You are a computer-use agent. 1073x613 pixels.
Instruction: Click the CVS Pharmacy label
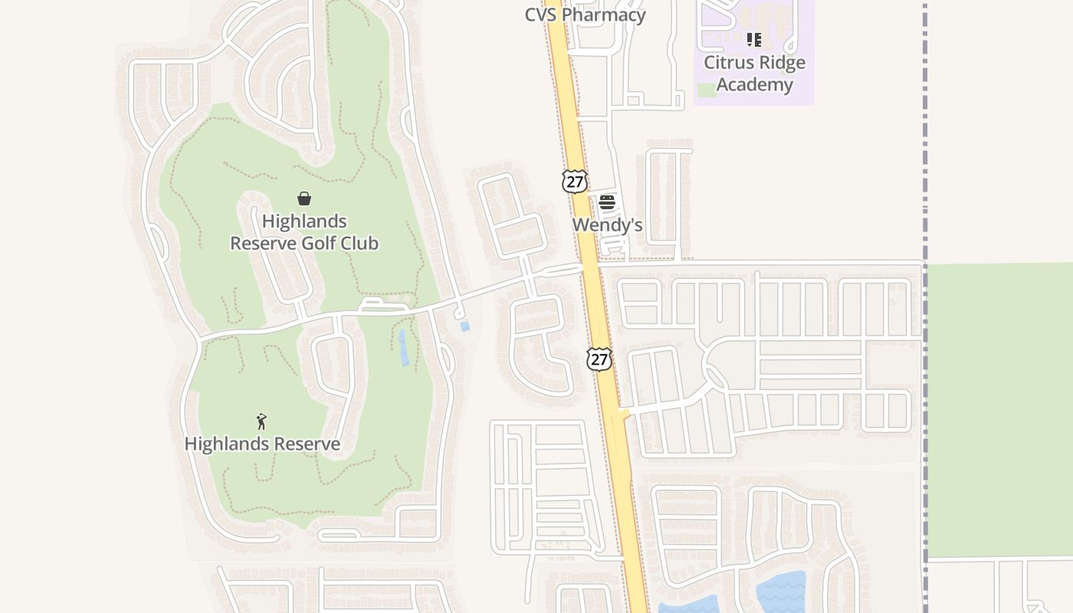coord(585,15)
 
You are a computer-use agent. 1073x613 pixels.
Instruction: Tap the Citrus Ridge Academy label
coord(754,74)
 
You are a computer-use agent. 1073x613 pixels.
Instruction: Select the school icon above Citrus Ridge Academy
coord(754,40)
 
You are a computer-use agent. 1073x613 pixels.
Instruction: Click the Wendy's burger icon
coord(607,202)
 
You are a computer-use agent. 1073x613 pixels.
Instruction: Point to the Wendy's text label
coord(607,225)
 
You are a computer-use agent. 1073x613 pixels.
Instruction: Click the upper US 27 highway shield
coord(574,182)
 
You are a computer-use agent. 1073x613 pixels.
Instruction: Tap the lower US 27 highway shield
coord(599,359)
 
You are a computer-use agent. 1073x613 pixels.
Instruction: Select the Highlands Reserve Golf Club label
coord(304,232)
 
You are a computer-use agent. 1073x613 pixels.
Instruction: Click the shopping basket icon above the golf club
coord(304,198)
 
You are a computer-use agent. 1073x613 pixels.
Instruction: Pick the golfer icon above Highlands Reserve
coord(261,421)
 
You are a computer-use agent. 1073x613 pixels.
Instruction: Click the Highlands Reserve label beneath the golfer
coord(262,444)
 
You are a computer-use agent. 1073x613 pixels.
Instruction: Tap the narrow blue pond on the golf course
coord(403,348)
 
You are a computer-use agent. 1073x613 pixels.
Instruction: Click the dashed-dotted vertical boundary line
coord(925,153)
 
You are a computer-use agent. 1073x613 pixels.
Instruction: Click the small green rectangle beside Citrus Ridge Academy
coord(707,90)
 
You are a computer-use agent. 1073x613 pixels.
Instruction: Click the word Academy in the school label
coord(754,84)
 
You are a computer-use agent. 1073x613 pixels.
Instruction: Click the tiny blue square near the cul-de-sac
coord(464,326)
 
